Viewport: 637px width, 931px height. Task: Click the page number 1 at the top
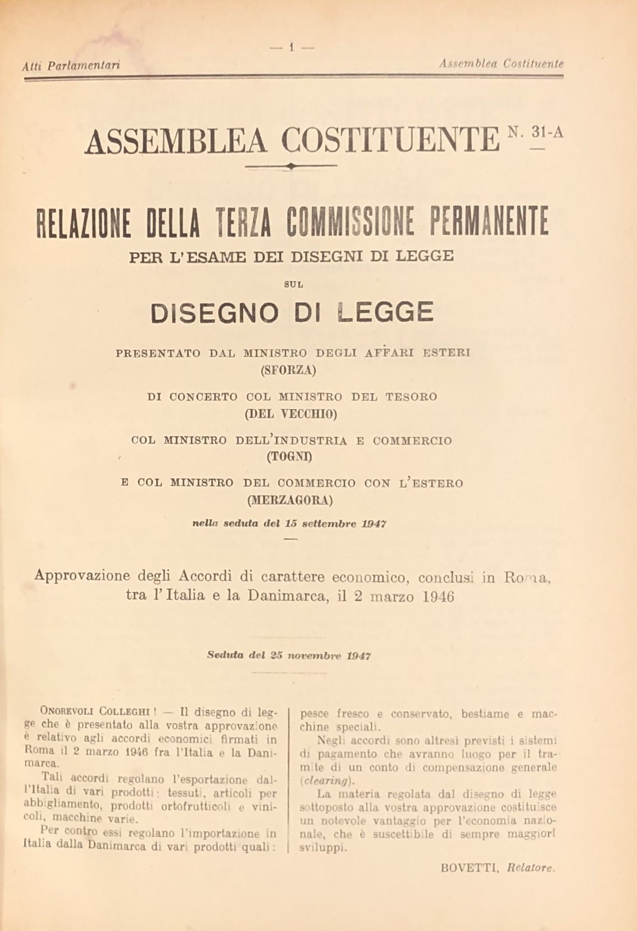[x=292, y=47]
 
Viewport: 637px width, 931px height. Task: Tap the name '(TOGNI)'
[x=289, y=457]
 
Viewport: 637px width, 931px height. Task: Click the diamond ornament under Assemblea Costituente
[x=290, y=166]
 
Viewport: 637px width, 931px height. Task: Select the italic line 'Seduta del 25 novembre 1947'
[x=289, y=655]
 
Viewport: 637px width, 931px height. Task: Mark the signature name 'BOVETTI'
[x=470, y=868]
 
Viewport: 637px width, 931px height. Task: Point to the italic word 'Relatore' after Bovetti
[x=531, y=868]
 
